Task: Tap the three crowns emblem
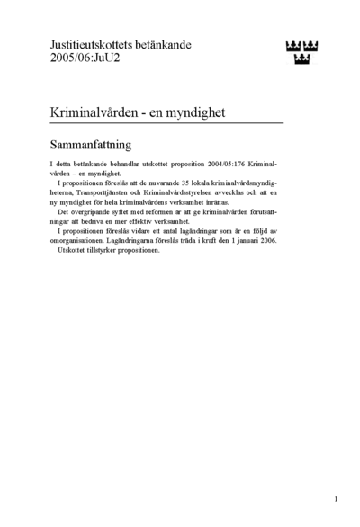click(301, 52)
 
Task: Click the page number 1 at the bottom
click(335, 498)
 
